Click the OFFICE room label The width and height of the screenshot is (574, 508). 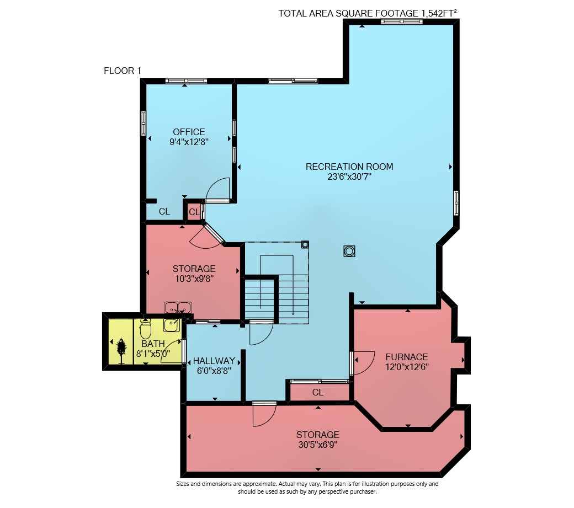[189, 132]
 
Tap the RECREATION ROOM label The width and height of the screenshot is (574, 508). [349, 167]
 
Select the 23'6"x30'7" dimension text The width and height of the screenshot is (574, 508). [349, 177]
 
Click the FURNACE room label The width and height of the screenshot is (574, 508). [406, 356]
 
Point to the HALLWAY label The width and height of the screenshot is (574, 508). [214, 361]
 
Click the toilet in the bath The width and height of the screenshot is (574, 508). [145, 328]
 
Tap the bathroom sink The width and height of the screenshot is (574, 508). [171, 325]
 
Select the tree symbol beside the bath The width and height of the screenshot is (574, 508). [121, 350]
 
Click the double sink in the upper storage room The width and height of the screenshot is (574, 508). [178, 308]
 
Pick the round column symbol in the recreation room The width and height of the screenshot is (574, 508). [349, 252]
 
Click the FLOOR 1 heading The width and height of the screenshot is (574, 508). [123, 71]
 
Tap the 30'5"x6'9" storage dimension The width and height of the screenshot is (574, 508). [317, 445]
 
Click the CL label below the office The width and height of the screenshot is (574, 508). [164, 211]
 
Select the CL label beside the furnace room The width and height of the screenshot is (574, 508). [318, 392]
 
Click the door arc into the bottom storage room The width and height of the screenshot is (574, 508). [270, 419]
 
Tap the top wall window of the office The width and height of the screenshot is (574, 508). [186, 81]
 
